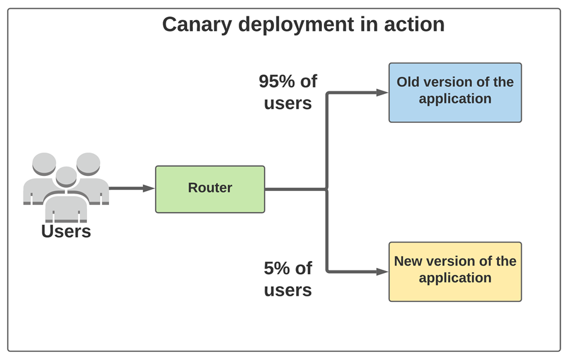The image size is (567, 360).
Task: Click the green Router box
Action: [210, 189]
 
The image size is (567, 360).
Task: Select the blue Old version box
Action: [455, 92]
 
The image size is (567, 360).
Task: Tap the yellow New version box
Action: [455, 271]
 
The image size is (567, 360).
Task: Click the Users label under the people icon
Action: [66, 231]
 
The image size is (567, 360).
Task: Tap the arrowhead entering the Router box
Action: [149, 188]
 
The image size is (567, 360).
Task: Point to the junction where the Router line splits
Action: [327, 189]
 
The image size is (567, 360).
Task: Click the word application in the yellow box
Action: [455, 278]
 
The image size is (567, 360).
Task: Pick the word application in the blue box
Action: [455, 99]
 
